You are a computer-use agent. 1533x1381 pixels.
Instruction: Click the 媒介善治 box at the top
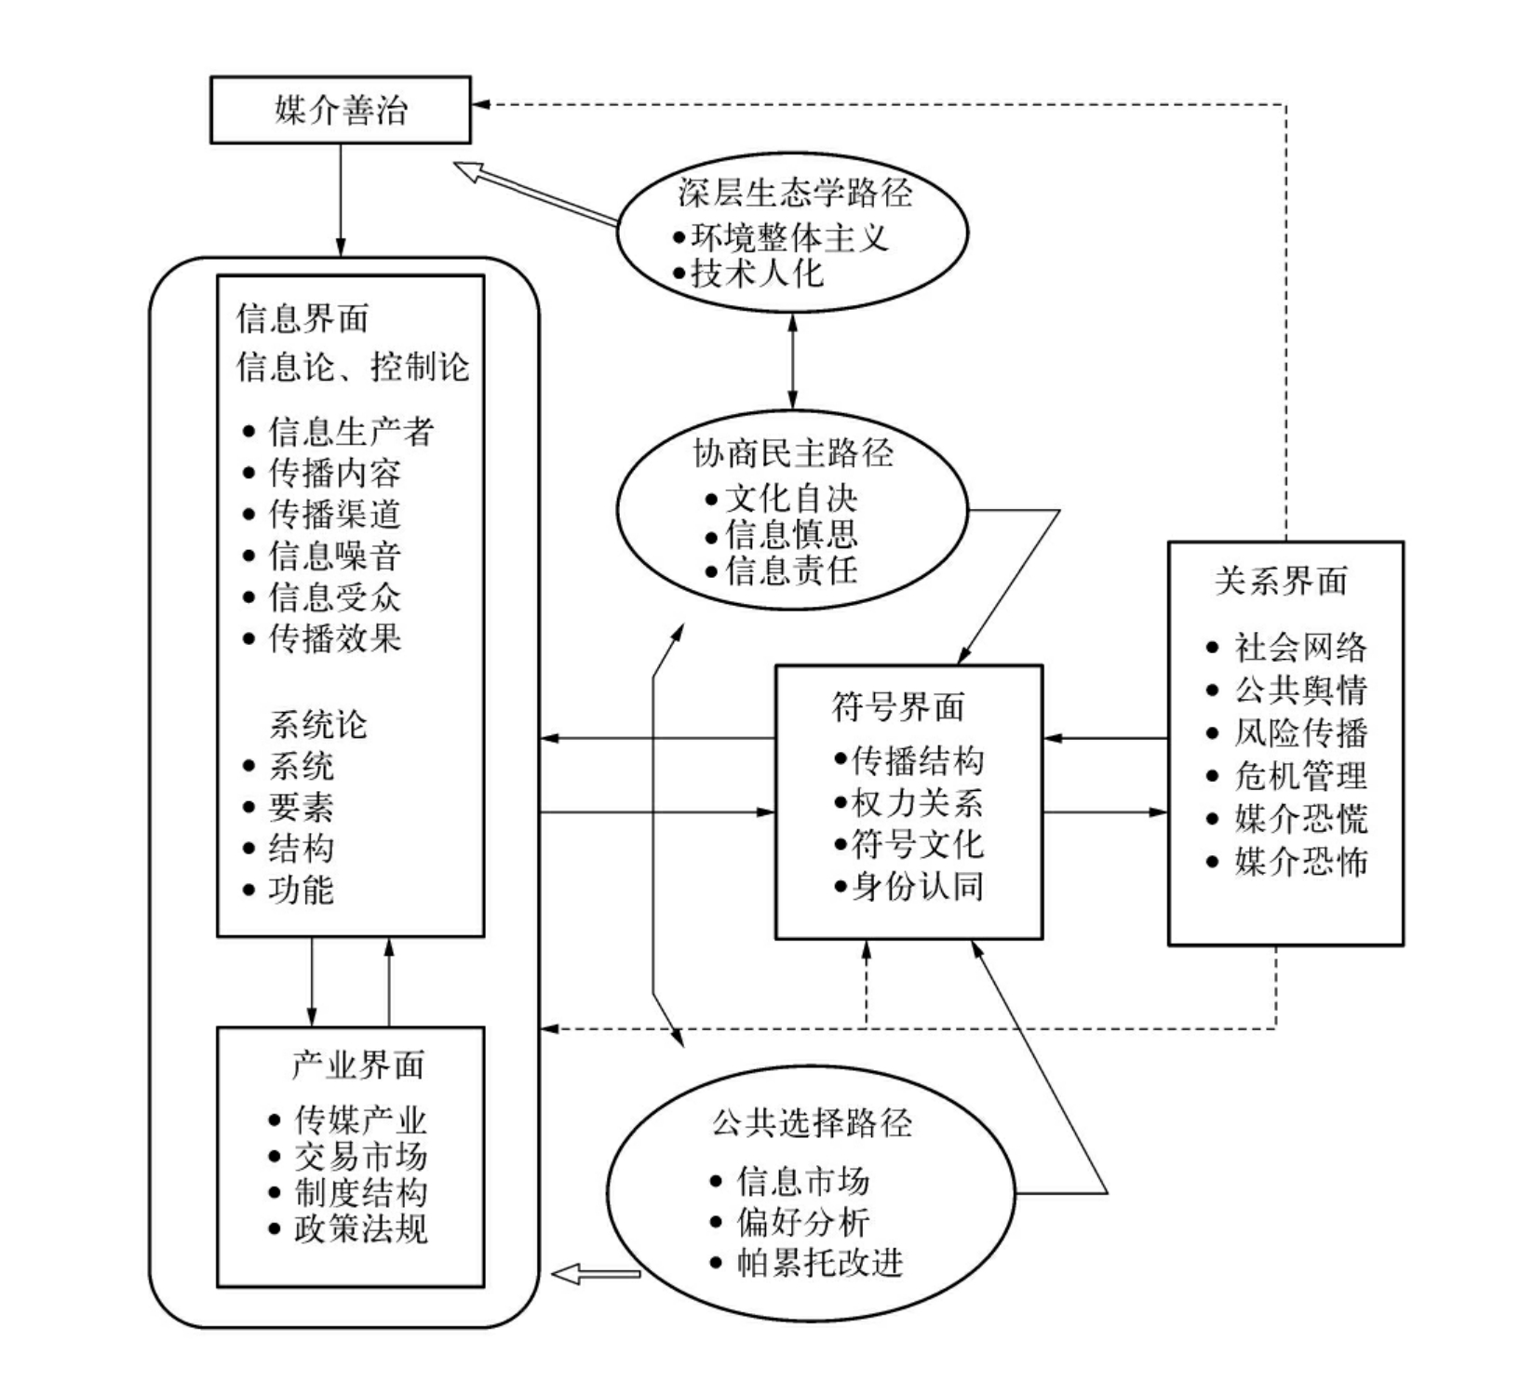tap(341, 110)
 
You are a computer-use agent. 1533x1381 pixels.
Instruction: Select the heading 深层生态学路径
tap(794, 193)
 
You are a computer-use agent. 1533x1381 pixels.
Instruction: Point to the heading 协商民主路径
tap(793, 453)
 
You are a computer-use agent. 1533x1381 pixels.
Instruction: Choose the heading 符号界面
tap(898, 706)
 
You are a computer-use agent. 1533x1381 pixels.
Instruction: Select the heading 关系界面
tap(1282, 581)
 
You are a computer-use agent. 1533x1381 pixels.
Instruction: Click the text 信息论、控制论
tap(353, 367)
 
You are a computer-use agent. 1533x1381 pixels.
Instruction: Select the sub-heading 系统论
tap(318, 724)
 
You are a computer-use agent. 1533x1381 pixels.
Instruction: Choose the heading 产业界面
tap(357, 1065)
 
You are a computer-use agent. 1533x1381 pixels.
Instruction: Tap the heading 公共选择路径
tap(812, 1123)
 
